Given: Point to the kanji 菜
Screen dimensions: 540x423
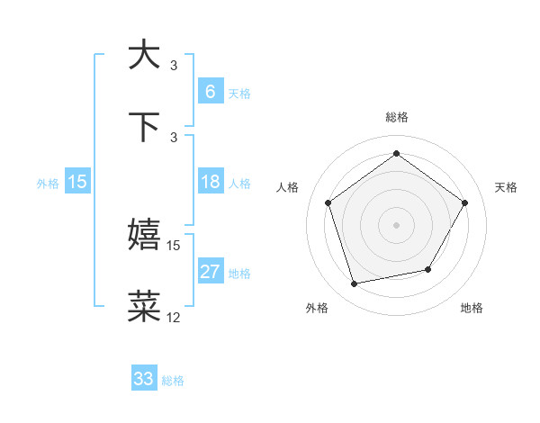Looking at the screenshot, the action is point(145,307).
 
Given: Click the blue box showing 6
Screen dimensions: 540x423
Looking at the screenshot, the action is point(210,91).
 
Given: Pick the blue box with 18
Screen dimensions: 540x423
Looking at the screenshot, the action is point(210,182).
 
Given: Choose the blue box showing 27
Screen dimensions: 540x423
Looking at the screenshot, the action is point(210,272).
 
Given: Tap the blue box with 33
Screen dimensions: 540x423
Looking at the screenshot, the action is point(144,379).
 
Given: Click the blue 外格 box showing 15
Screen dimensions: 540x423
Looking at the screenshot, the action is point(77,182).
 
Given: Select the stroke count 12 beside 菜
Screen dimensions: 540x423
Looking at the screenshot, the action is point(174,318).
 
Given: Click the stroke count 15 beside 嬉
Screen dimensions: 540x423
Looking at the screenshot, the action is point(174,245).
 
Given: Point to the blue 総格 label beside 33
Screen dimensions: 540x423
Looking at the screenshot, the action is point(173,381).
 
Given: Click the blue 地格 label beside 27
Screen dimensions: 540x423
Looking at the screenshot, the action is point(239,274).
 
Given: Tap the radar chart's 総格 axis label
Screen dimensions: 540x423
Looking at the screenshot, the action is point(396,117).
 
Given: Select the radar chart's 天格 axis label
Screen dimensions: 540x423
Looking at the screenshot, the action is point(507,187).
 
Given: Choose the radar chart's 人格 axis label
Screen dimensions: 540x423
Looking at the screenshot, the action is point(287,187).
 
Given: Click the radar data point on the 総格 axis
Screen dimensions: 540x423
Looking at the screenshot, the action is point(396,154).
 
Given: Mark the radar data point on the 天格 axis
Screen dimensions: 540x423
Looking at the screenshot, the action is point(464,202).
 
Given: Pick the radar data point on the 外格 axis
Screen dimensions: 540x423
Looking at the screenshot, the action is point(354,283).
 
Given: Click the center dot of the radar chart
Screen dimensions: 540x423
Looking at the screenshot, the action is point(396,224).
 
